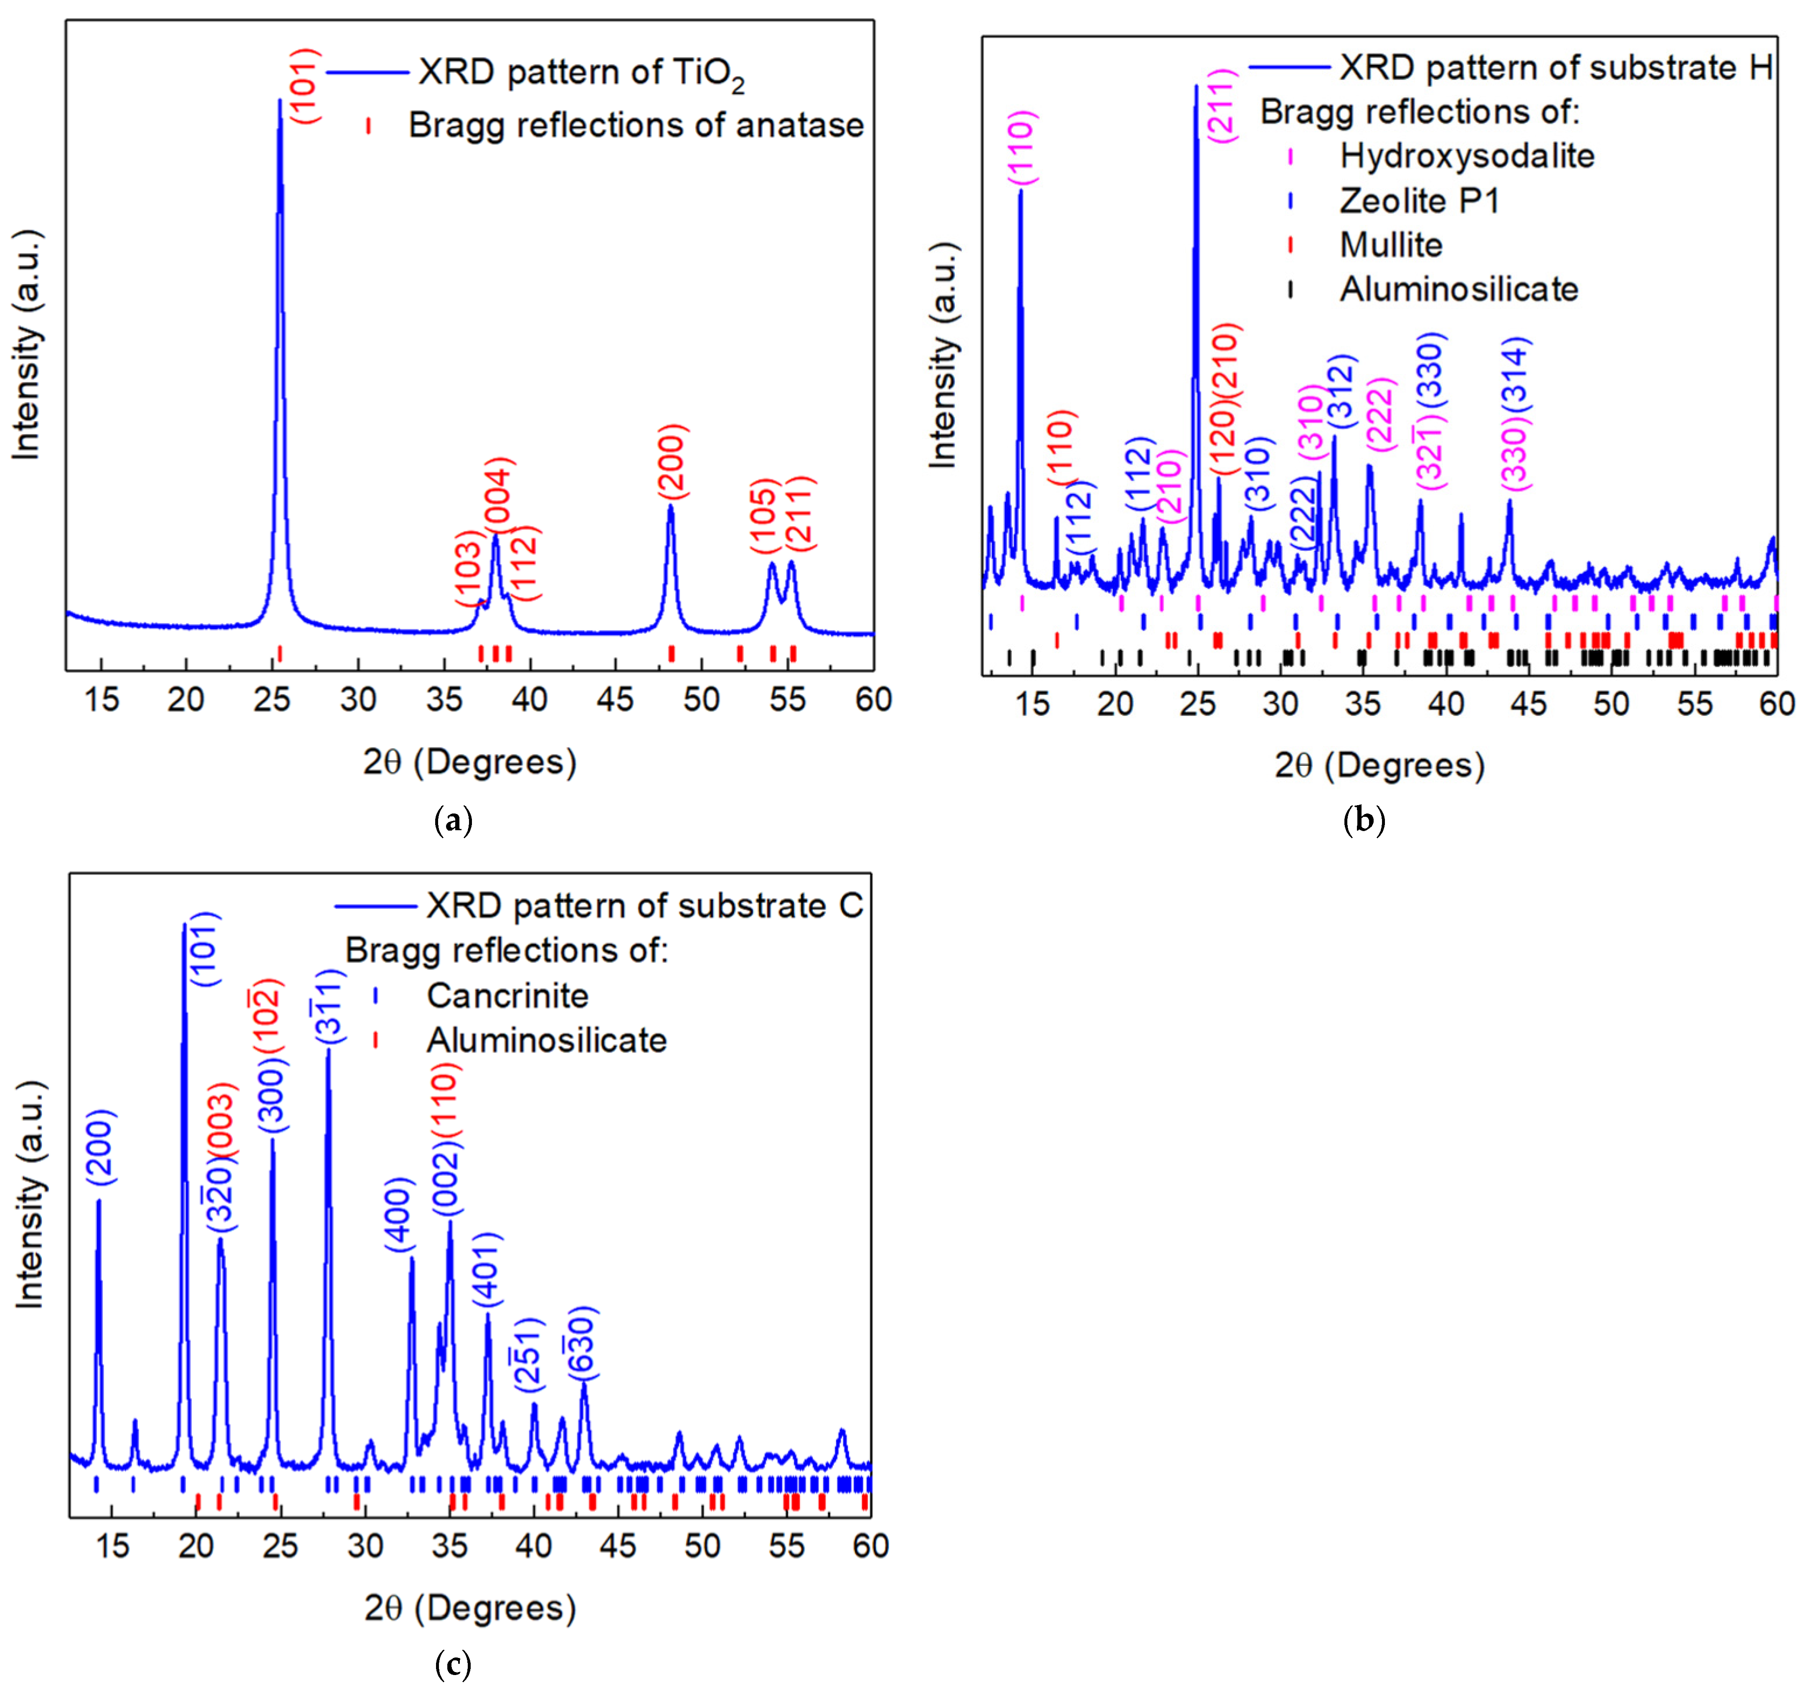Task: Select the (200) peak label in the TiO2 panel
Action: coord(672,462)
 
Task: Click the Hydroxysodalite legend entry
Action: coord(1466,156)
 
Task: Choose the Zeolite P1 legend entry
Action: coord(1419,201)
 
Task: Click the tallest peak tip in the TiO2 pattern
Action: coord(280,100)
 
